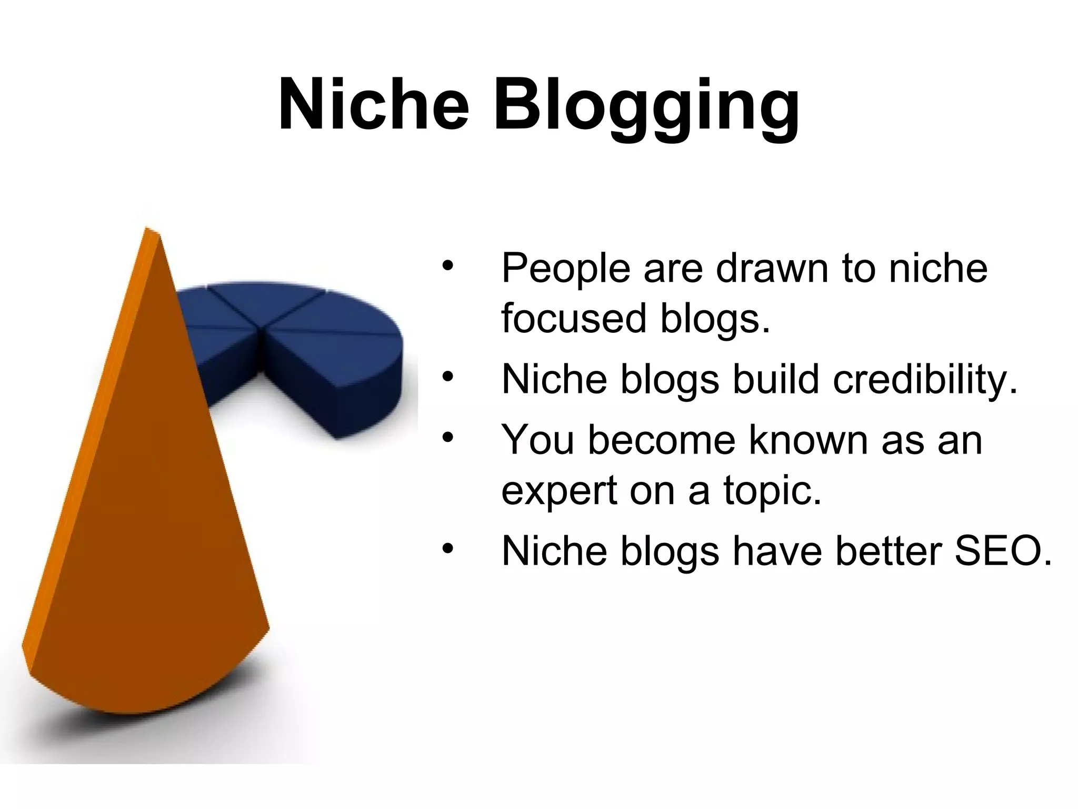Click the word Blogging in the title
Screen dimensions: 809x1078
tap(646, 108)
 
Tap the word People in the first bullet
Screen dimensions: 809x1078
tap(565, 269)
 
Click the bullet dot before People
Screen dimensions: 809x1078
tap(447, 265)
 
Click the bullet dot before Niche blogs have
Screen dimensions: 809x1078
tap(447, 549)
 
